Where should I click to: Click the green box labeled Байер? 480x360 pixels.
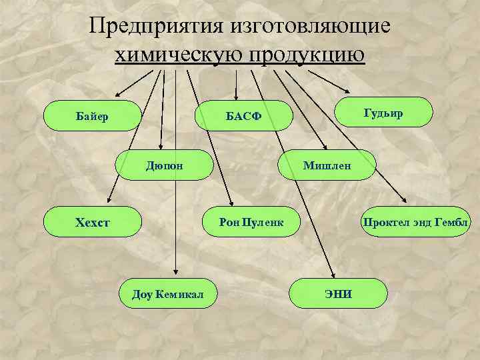tap(92, 117)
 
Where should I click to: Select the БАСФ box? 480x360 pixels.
tap(243, 117)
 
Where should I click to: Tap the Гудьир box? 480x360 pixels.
tap(383, 113)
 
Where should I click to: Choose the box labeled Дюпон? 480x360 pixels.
tap(164, 165)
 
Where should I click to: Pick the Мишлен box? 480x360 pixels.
tap(327, 165)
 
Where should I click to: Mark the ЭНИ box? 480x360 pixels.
tap(338, 293)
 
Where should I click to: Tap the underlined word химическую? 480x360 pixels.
tap(179, 55)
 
